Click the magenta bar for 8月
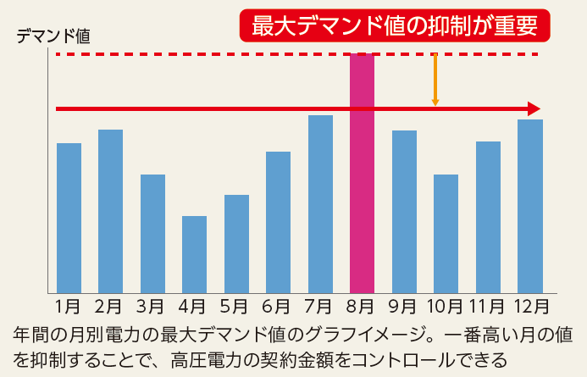click(362, 174)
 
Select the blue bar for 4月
click(194, 254)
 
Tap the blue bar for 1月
click(69, 218)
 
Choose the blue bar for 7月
click(320, 203)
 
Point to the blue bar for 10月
click(446, 233)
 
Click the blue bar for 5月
click(236, 243)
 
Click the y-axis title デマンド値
click(52, 36)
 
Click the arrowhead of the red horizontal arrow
click(533, 108)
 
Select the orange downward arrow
click(435, 81)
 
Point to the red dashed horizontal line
click(212, 54)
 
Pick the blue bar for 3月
click(152, 233)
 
